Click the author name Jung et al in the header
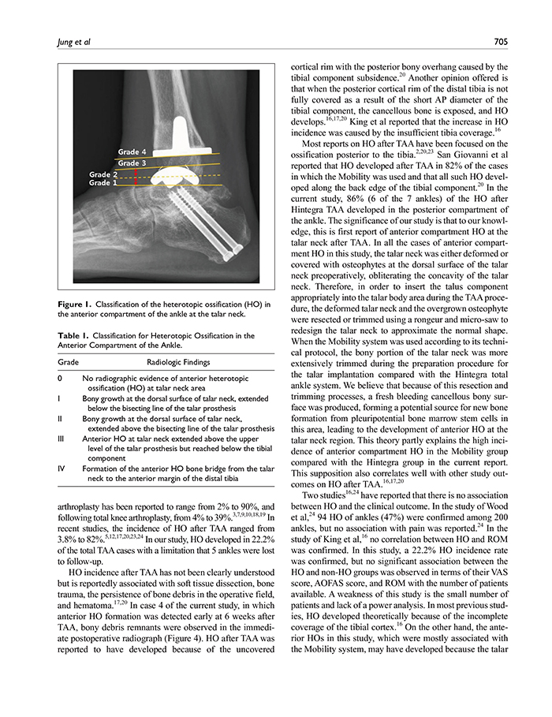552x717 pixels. [73, 42]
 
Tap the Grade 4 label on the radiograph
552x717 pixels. [132, 151]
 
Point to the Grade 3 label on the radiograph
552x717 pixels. [132, 163]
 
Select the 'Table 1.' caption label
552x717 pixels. [76, 335]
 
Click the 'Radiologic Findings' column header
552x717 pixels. [179, 363]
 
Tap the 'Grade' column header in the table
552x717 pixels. [69, 363]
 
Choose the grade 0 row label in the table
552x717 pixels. [60, 379]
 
